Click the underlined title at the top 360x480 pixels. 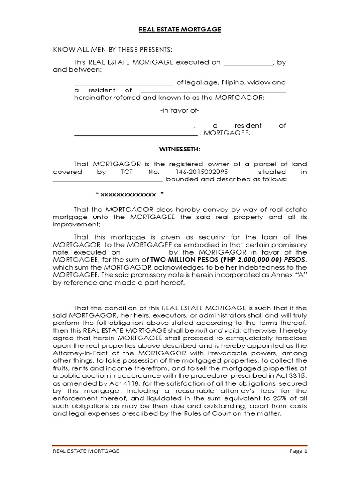[180, 30]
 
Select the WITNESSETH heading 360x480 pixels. [180, 149]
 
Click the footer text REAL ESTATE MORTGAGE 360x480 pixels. [85, 451]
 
